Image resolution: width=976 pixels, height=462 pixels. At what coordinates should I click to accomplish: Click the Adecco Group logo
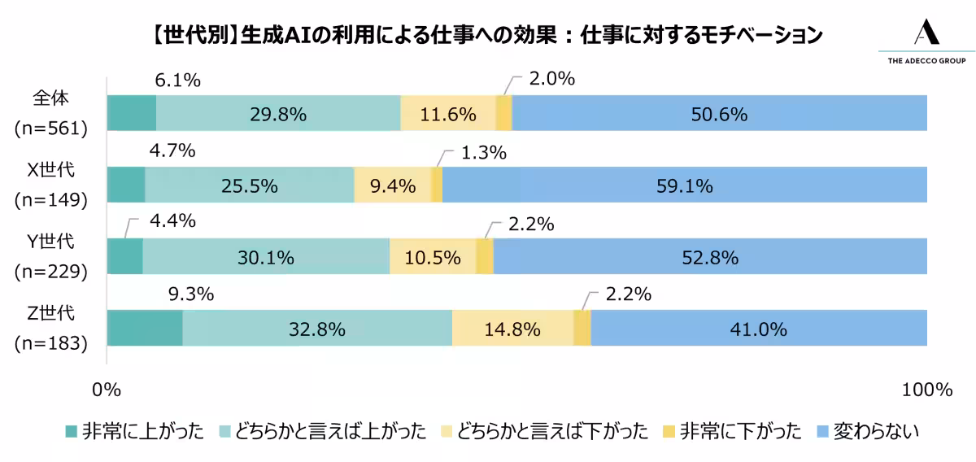(x=926, y=42)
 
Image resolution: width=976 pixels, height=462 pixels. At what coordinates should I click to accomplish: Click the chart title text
(x=486, y=36)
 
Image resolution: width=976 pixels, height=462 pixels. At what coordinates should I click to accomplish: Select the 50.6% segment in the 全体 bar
(x=719, y=114)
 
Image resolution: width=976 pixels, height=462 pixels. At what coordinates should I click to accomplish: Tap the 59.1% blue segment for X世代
(x=685, y=185)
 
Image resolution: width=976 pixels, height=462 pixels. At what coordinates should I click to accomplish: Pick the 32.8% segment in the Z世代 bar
(x=317, y=329)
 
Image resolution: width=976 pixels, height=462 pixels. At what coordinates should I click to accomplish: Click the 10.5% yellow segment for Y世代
(x=433, y=257)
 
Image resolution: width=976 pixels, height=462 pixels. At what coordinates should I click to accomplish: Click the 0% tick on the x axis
(x=107, y=390)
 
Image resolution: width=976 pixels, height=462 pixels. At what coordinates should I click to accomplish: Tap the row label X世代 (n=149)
(x=51, y=185)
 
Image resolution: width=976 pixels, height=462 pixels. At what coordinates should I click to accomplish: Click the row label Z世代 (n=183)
(x=51, y=328)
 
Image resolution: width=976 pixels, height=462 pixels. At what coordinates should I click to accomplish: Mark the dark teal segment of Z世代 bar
(x=145, y=329)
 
